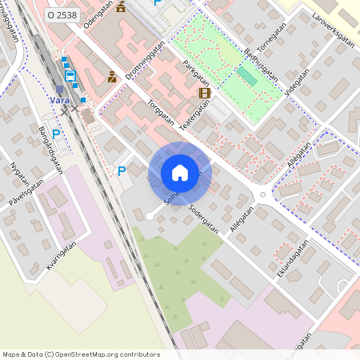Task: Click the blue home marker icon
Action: tap(180, 173)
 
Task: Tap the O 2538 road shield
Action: tap(62, 14)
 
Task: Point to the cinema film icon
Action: tap(205, 93)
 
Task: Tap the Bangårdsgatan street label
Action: tap(50, 150)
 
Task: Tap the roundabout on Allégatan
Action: tap(262, 196)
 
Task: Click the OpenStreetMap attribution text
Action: tap(81, 354)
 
